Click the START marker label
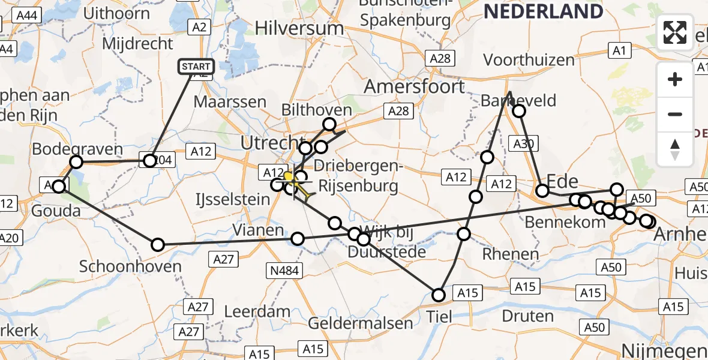[196, 67]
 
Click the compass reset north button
[675, 149]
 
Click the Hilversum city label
[290, 28]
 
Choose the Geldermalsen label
[360, 323]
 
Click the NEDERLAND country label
[543, 11]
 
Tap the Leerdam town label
[257, 312]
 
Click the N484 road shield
[285, 271]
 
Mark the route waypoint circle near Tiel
[439, 295]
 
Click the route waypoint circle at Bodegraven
[76, 162]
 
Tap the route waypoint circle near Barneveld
[518, 111]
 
